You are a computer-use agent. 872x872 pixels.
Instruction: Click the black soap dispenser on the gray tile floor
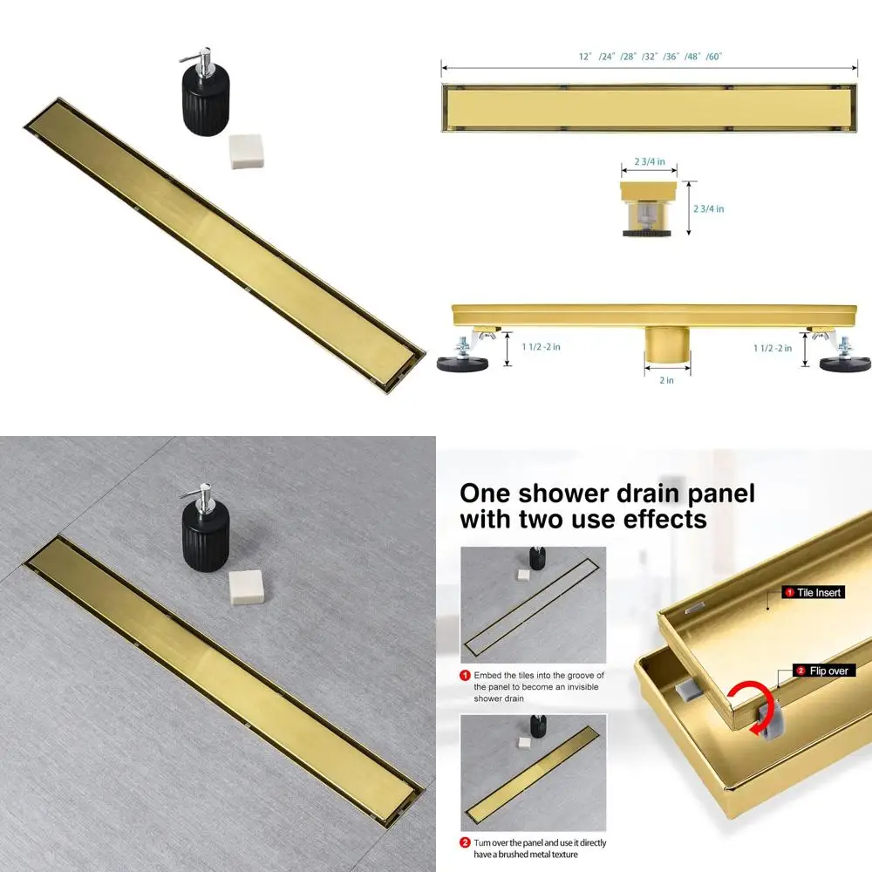[207, 535]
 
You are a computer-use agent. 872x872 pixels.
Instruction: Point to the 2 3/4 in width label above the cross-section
[649, 161]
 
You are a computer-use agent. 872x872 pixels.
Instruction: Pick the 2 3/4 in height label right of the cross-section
[708, 208]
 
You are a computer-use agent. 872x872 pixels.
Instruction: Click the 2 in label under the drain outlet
[667, 380]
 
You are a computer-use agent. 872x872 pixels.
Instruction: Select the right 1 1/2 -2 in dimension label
[773, 347]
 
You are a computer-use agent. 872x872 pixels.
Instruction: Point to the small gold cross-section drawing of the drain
[649, 208]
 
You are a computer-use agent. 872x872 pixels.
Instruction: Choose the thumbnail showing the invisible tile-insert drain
[533, 605]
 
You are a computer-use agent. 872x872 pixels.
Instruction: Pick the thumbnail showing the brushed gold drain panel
[533, 773]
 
